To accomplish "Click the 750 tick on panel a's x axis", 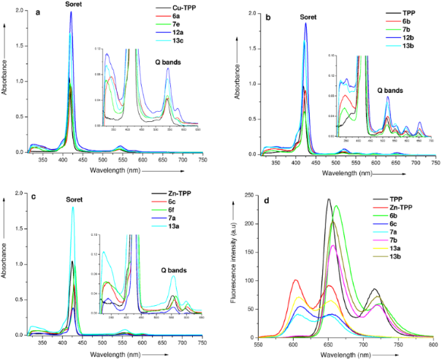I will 202,159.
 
